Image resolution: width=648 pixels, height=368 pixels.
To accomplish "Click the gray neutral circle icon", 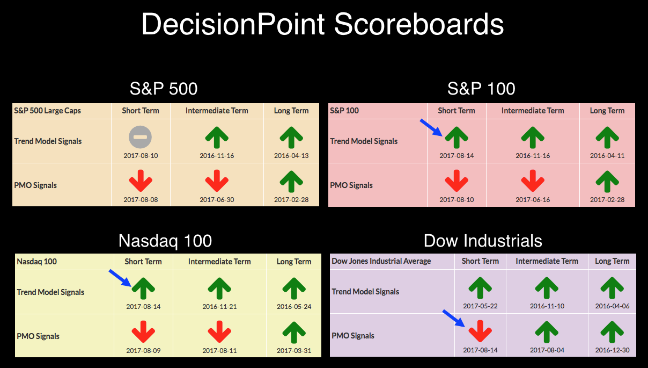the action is (x=141, y=137).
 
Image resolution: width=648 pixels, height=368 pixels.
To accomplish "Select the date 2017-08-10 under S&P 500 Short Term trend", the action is (x=141, y=156).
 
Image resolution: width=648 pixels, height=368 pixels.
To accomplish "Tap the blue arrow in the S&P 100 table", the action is (x=431, y=127).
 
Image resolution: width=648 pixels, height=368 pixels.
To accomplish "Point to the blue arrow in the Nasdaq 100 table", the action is (x=120, y=278).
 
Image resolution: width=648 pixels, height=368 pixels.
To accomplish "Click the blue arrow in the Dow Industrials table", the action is (x=454, y=318).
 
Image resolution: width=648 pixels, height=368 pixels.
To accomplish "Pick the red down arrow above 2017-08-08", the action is (x=141, y=181).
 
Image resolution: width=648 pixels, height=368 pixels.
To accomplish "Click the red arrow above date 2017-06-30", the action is (x=217, y=181).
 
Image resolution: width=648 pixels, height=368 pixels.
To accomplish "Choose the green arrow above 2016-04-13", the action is (x=291, y=138).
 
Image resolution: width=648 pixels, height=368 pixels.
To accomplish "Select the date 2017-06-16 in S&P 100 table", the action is (x=533, y=200).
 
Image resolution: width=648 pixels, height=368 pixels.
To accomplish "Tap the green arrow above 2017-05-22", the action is (x=480, y=288).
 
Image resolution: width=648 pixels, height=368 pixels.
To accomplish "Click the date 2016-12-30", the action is (x=612, y=350).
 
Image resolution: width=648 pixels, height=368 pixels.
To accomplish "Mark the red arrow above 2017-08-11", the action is (x=219, y=332).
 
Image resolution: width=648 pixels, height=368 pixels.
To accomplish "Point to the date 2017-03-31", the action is (x=294, y=351).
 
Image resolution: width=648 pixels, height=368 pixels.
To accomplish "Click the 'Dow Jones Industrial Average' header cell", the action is (x=381, y=261).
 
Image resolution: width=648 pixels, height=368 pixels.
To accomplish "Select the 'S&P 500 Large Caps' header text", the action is (x=47, y=111).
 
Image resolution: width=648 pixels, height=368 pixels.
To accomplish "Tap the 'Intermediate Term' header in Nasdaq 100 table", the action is (x=219, y=262).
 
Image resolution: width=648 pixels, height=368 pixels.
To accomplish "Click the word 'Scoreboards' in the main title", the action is (x=419, y=24).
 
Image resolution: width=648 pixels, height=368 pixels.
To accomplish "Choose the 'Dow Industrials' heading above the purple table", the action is (x=483, y=241).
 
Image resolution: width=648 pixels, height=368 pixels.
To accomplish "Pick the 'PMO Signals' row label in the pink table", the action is (x=351, y=185).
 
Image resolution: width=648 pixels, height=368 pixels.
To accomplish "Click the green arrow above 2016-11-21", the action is (x=219, y=288).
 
